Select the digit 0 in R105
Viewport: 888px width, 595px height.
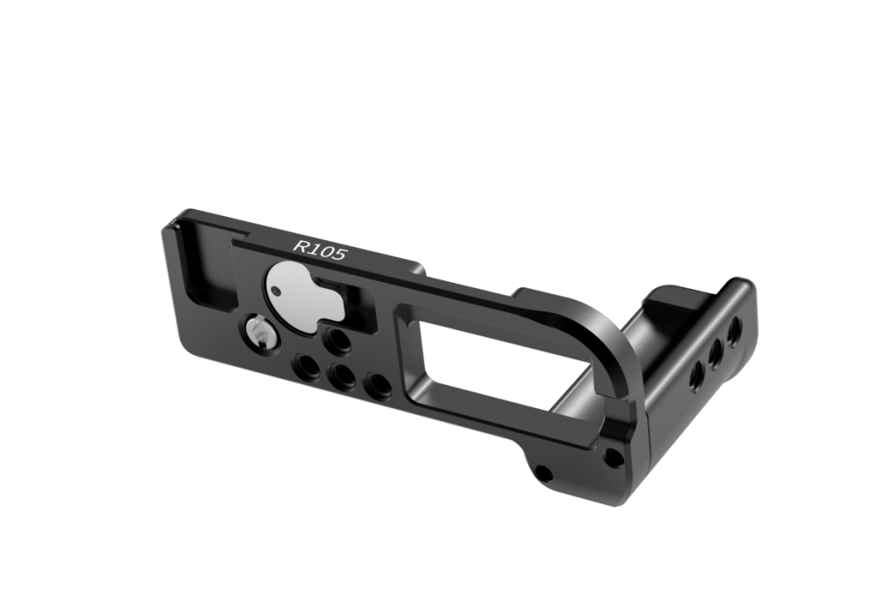[328, 250]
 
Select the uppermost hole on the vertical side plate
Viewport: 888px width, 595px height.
[735, 335]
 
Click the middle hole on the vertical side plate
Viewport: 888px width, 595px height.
[713, 349]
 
